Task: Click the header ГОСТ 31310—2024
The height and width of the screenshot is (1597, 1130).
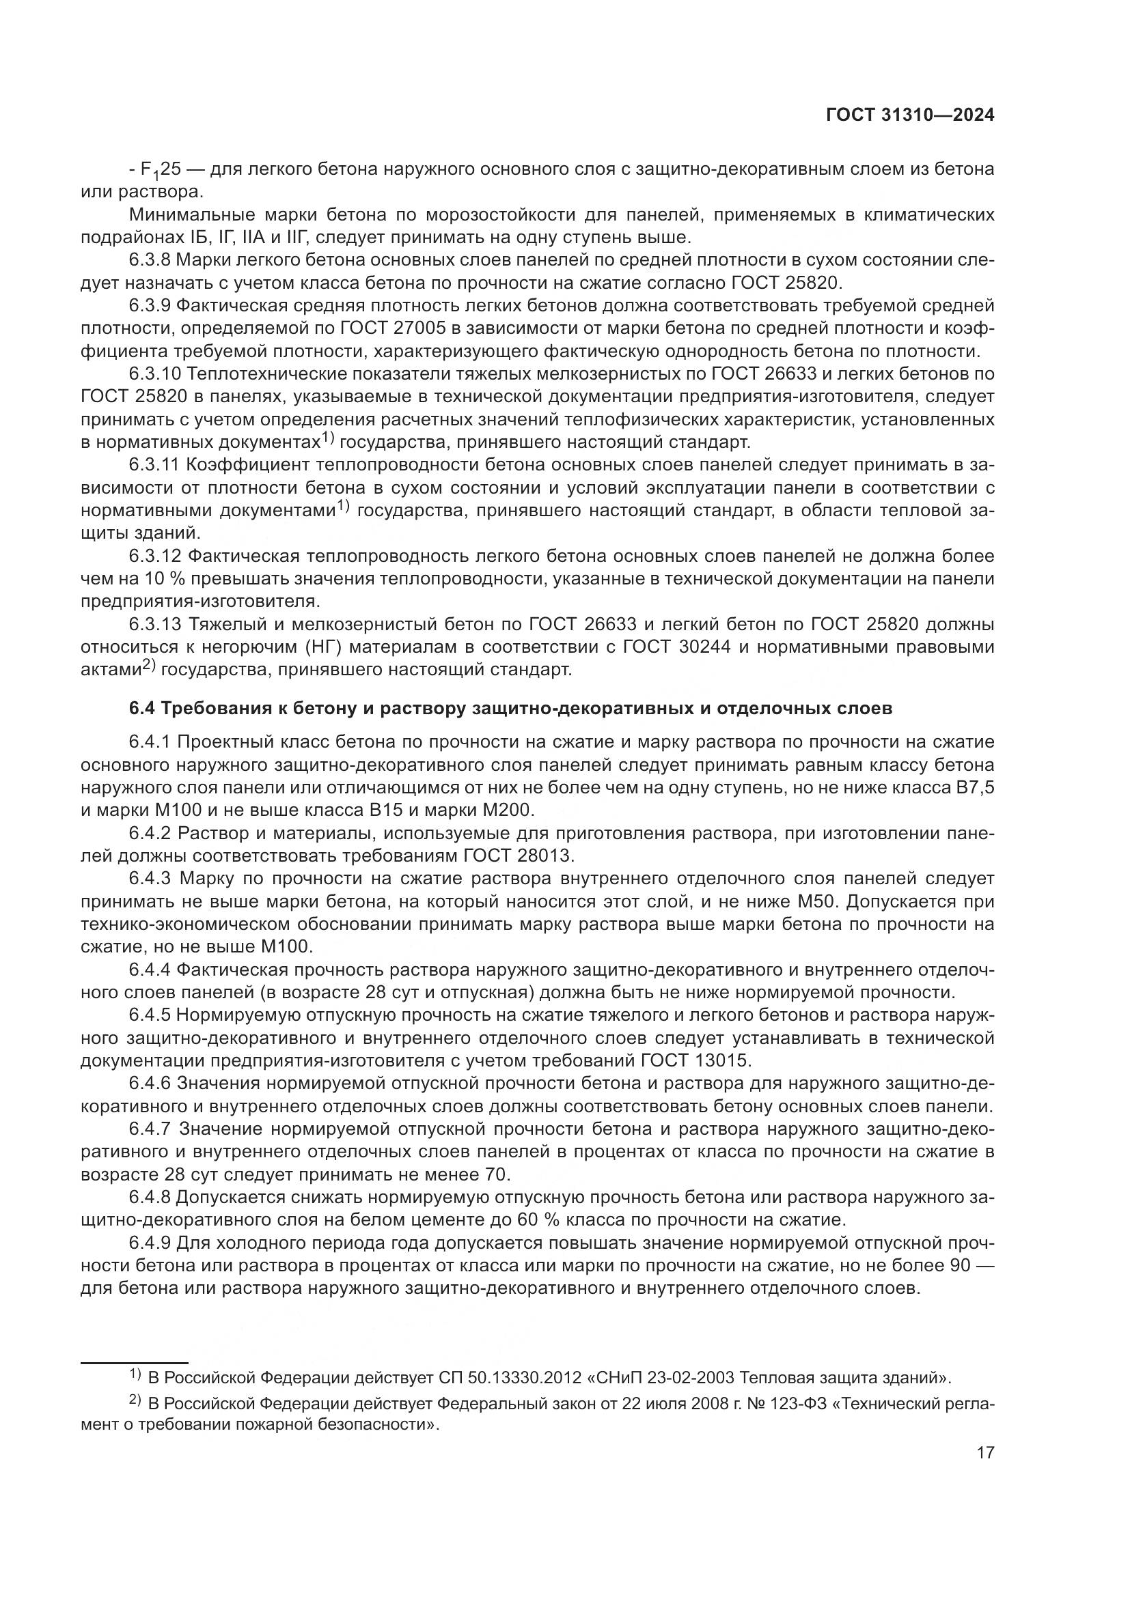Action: coord(910,115)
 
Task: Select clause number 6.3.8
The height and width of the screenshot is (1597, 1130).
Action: coord(150,260)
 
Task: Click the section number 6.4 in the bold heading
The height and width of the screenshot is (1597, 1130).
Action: coord(142,709)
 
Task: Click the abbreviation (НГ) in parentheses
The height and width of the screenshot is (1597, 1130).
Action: coord(320,647)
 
